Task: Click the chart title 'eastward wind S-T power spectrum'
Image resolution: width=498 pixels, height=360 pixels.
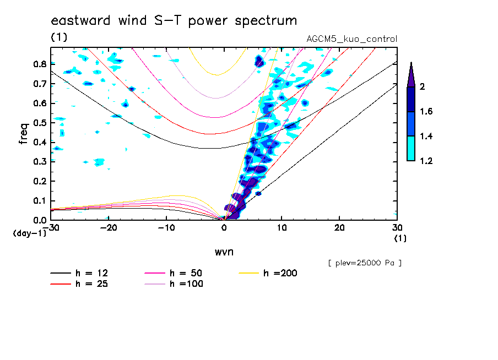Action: [x=174, y=21]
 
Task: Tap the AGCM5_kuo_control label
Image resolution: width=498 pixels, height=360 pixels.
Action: [x=351, y=39]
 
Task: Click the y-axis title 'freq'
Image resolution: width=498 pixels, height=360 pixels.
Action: [x=23, y=133]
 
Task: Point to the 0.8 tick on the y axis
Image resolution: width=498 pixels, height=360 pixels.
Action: [x=40, y=64]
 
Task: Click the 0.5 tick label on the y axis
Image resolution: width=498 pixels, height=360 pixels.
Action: [x=40, y=122]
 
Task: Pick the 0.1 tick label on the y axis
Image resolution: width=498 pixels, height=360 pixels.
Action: [x=40, y=200]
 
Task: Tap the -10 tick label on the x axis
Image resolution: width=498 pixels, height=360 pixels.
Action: [x=166, y=227]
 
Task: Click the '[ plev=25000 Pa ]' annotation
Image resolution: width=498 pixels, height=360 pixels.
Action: [x=365, y=264]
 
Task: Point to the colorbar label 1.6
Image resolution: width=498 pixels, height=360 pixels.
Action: [x=426, y=112]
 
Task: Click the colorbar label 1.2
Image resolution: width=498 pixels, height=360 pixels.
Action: [x=426, y=161]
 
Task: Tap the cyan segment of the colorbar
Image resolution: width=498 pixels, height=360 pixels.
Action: [x=411, y=149]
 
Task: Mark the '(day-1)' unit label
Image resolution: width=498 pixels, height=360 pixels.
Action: [x=30, y=233]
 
